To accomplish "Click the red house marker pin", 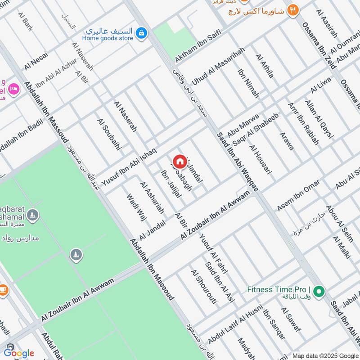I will point(179,161).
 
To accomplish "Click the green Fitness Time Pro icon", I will point(319,292).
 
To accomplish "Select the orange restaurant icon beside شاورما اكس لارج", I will point(293,10).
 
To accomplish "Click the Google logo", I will point(19,353).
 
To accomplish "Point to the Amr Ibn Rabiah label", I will point(303,124).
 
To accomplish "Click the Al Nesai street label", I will point(36,60).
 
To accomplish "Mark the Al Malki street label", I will point(341,247).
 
